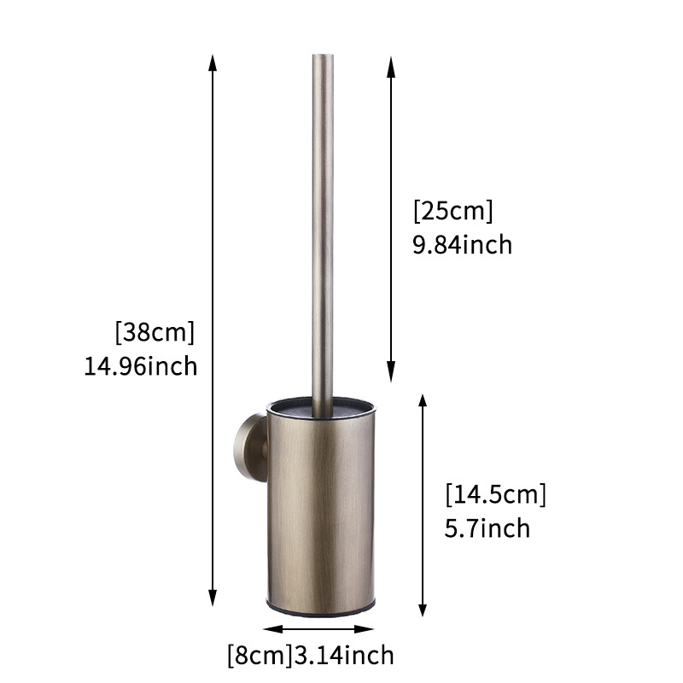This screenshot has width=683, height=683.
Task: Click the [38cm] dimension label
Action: (156, 330)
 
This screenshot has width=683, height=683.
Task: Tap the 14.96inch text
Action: (141, 366)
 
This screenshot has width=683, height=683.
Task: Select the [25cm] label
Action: (452, 210)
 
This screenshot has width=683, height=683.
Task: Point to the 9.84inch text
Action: (462, 245)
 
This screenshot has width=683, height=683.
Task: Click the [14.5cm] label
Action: (495, 493)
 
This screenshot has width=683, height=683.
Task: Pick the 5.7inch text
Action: (487, 528)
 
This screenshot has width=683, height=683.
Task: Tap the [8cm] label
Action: (259, 656)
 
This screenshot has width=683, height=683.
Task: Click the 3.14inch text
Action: (344, 656)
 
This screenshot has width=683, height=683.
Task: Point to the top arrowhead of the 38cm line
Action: (213, 61)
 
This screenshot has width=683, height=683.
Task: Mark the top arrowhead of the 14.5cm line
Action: (422, 400)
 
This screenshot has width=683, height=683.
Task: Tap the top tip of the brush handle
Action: (323, 57)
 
